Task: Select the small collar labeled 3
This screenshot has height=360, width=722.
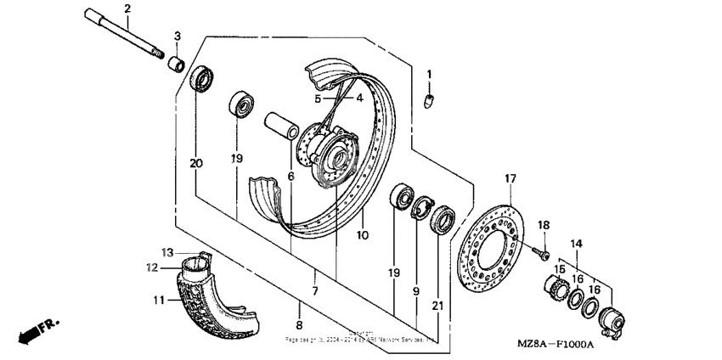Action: (175, 65)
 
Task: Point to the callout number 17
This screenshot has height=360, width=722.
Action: (510, 178)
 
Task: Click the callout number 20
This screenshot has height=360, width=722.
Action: (196, 163)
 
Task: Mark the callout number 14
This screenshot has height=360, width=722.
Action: (577, 244)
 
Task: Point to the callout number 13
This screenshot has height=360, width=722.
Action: (167, 251)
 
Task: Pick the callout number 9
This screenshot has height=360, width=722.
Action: (416, 291)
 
